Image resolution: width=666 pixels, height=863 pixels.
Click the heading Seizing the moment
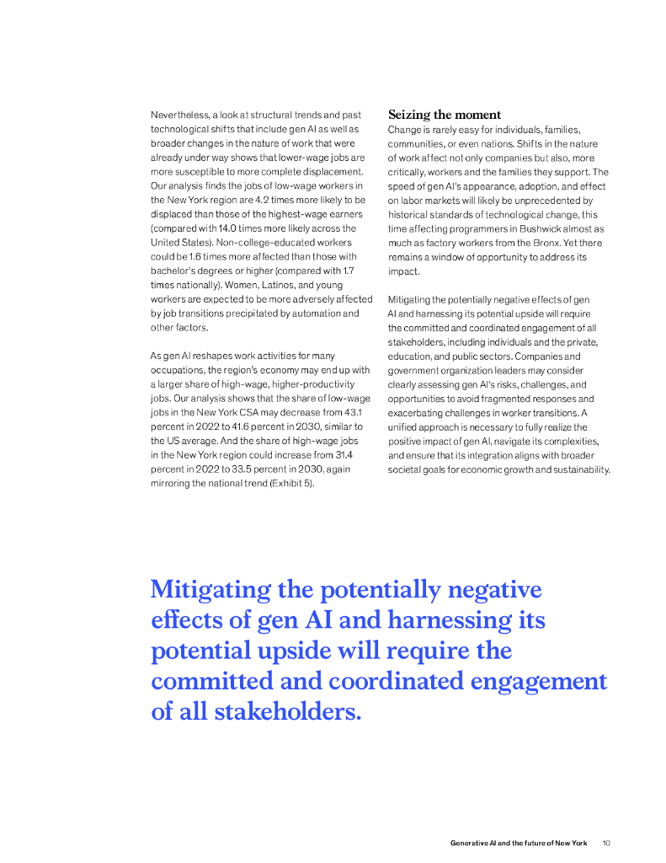(444, 115)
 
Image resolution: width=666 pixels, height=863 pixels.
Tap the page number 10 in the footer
(605, 843)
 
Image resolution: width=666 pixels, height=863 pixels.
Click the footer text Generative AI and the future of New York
(519, 843)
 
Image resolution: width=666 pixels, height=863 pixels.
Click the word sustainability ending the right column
(578, 469)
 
